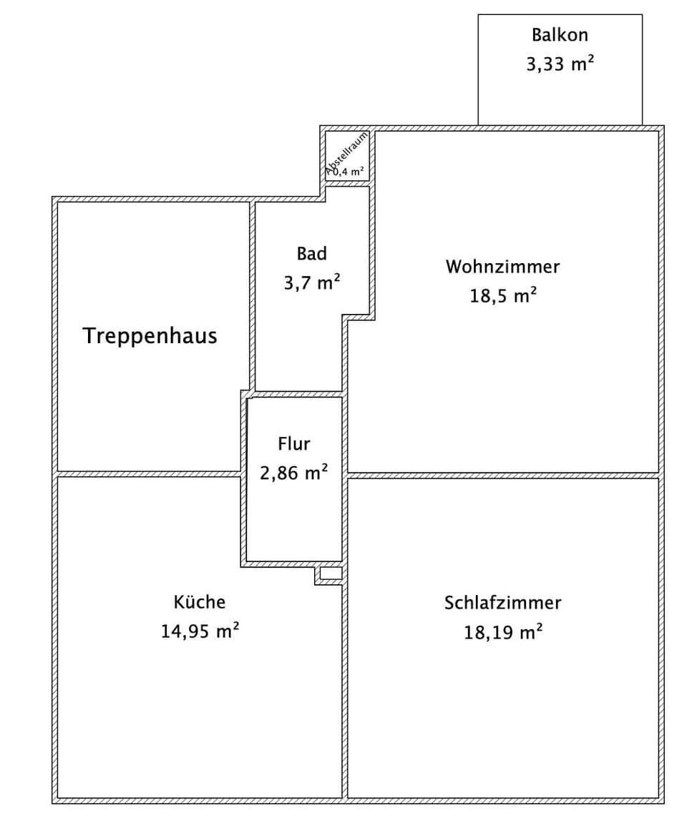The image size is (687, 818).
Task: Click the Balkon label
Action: (x=560, y=34)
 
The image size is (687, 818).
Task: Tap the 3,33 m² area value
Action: (x=560, y=64)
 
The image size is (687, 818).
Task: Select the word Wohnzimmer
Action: (x=502, y=267)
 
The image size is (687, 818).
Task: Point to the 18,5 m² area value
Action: (x=502, y=295)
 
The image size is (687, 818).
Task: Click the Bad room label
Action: (x=311, y=253)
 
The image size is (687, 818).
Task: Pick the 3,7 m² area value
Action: (x=311, y=282)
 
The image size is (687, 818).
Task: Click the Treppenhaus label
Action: (x=150, y=335)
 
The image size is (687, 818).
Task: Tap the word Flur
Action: (x=294, y=444)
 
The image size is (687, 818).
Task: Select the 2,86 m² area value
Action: (x=294, y=473)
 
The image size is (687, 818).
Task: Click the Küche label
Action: (x=200, y=602)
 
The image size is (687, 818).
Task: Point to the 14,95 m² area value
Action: (x=200, y=631)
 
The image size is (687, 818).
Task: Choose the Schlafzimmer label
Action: (x=502, y=602)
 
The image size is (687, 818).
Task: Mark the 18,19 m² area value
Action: (x=502, y=632)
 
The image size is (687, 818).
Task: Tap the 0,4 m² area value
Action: (x=349, y=171)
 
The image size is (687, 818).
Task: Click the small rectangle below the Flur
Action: (x=331, y=573)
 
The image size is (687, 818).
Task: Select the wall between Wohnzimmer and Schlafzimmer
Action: (x=502, y=475)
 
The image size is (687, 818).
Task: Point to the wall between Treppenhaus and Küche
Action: (x=149, y=473)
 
